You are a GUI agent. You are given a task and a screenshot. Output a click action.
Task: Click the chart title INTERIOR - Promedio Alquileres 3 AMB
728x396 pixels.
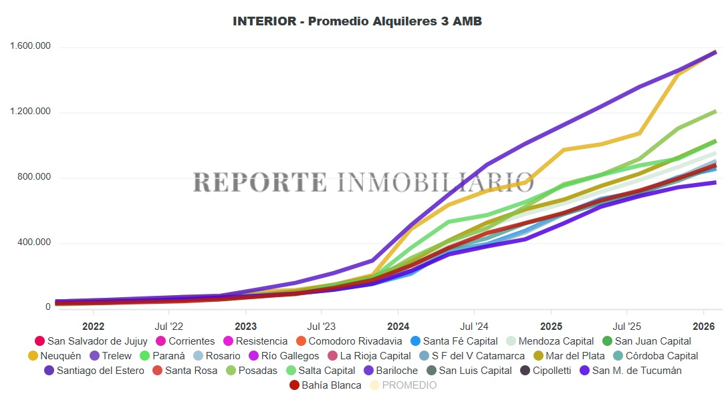pyautogui.click(x=357, y=21)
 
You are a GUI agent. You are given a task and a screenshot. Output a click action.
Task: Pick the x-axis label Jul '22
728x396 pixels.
pyautogui.click(x=168, y=327)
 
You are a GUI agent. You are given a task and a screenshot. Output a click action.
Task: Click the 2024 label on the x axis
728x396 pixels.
pyautogui.click(x=398, y=327)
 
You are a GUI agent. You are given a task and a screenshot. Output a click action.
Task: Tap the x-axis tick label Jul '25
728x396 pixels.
pyautogui.click(x=626, y=327)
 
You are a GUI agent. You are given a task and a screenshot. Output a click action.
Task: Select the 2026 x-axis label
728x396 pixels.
pyautogui.click(x=703, y=327)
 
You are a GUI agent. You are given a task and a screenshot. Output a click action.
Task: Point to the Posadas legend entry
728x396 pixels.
pyautogui.click(x=257, y=371)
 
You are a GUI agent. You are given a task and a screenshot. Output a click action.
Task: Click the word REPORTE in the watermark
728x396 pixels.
pyautogui.click(x=260, y=182)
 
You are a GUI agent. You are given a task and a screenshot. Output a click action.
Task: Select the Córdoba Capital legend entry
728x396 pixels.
pyautogui.click(x=661, y=356)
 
